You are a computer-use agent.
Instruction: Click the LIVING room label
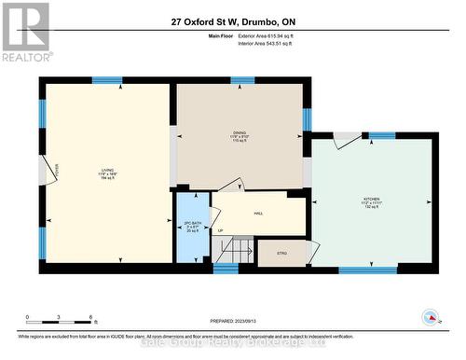tap(107, 173)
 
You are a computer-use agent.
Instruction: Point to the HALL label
tap(258, 214)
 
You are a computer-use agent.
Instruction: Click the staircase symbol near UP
tap(240, 250)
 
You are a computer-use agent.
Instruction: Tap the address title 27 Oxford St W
tap(233, 21)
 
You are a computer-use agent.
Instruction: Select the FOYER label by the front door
tap(55, 169)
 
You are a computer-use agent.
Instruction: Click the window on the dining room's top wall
tap(243, 81)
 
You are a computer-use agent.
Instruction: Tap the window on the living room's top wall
tap(106, 81)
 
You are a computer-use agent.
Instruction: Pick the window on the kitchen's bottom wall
tap(367, 270)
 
